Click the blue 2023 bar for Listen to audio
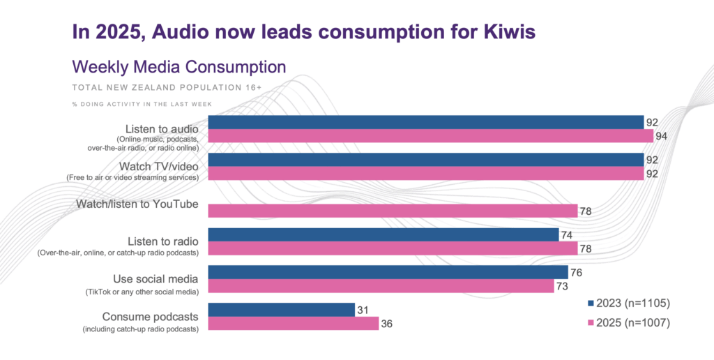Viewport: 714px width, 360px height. click(x=426, y=122)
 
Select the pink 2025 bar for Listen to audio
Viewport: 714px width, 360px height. click(x=431, y=136)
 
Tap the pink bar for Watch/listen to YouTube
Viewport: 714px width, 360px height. click(x=393, y=211)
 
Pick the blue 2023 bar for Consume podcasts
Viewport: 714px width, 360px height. click(x=282, y=310)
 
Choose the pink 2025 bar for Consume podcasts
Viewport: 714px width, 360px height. click(x=294, y=324)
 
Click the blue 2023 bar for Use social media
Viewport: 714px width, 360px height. click(x=388, y=273)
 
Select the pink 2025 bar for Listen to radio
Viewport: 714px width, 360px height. click(x=393, y=248)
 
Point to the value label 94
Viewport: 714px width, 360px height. click(x=661, y=136)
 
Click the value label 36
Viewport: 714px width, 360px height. click(x=386, y=324)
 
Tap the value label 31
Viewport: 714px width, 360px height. click(x=363, y=310)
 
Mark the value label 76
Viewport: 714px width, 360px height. click(x=576, y=273)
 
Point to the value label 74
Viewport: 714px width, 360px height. click(x=566, y=235)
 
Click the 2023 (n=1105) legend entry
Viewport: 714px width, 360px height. click(x=629, y=303)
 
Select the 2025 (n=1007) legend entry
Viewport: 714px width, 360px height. click(x=629, y=322)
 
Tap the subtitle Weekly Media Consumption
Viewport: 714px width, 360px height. click(x=179, y=67)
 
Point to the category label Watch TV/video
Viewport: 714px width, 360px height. click(x=158, y=166)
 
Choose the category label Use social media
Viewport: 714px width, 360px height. click(x=155, y=279)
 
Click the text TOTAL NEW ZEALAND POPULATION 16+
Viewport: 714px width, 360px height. click(x=167, y=87)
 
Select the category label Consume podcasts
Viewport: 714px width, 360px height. click(x=151, y=317)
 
